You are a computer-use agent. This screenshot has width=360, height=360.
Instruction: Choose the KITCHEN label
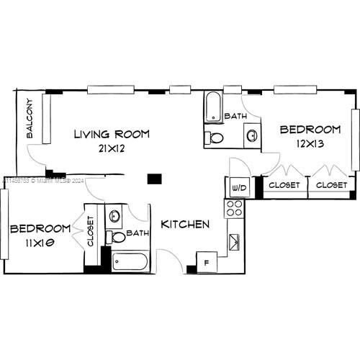[185, 224]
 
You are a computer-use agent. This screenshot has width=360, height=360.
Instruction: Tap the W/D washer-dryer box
[237, 187]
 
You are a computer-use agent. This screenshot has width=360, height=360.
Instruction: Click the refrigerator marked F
[207, 262]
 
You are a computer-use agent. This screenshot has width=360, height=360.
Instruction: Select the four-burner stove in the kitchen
[235, 209]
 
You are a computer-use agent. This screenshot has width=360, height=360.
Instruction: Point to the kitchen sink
[234, 242]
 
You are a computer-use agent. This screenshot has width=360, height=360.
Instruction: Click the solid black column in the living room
[153, 179]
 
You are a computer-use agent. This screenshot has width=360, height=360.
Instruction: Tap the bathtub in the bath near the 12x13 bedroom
[214, 108]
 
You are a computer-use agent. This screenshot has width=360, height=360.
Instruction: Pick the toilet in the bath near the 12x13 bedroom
[215, 137]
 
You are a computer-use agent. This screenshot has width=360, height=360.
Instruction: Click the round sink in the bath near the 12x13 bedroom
[251, 134]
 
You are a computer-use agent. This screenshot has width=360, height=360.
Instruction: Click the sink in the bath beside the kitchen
[115, 215]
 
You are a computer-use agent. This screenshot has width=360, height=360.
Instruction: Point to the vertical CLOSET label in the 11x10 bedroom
[91, 231]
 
